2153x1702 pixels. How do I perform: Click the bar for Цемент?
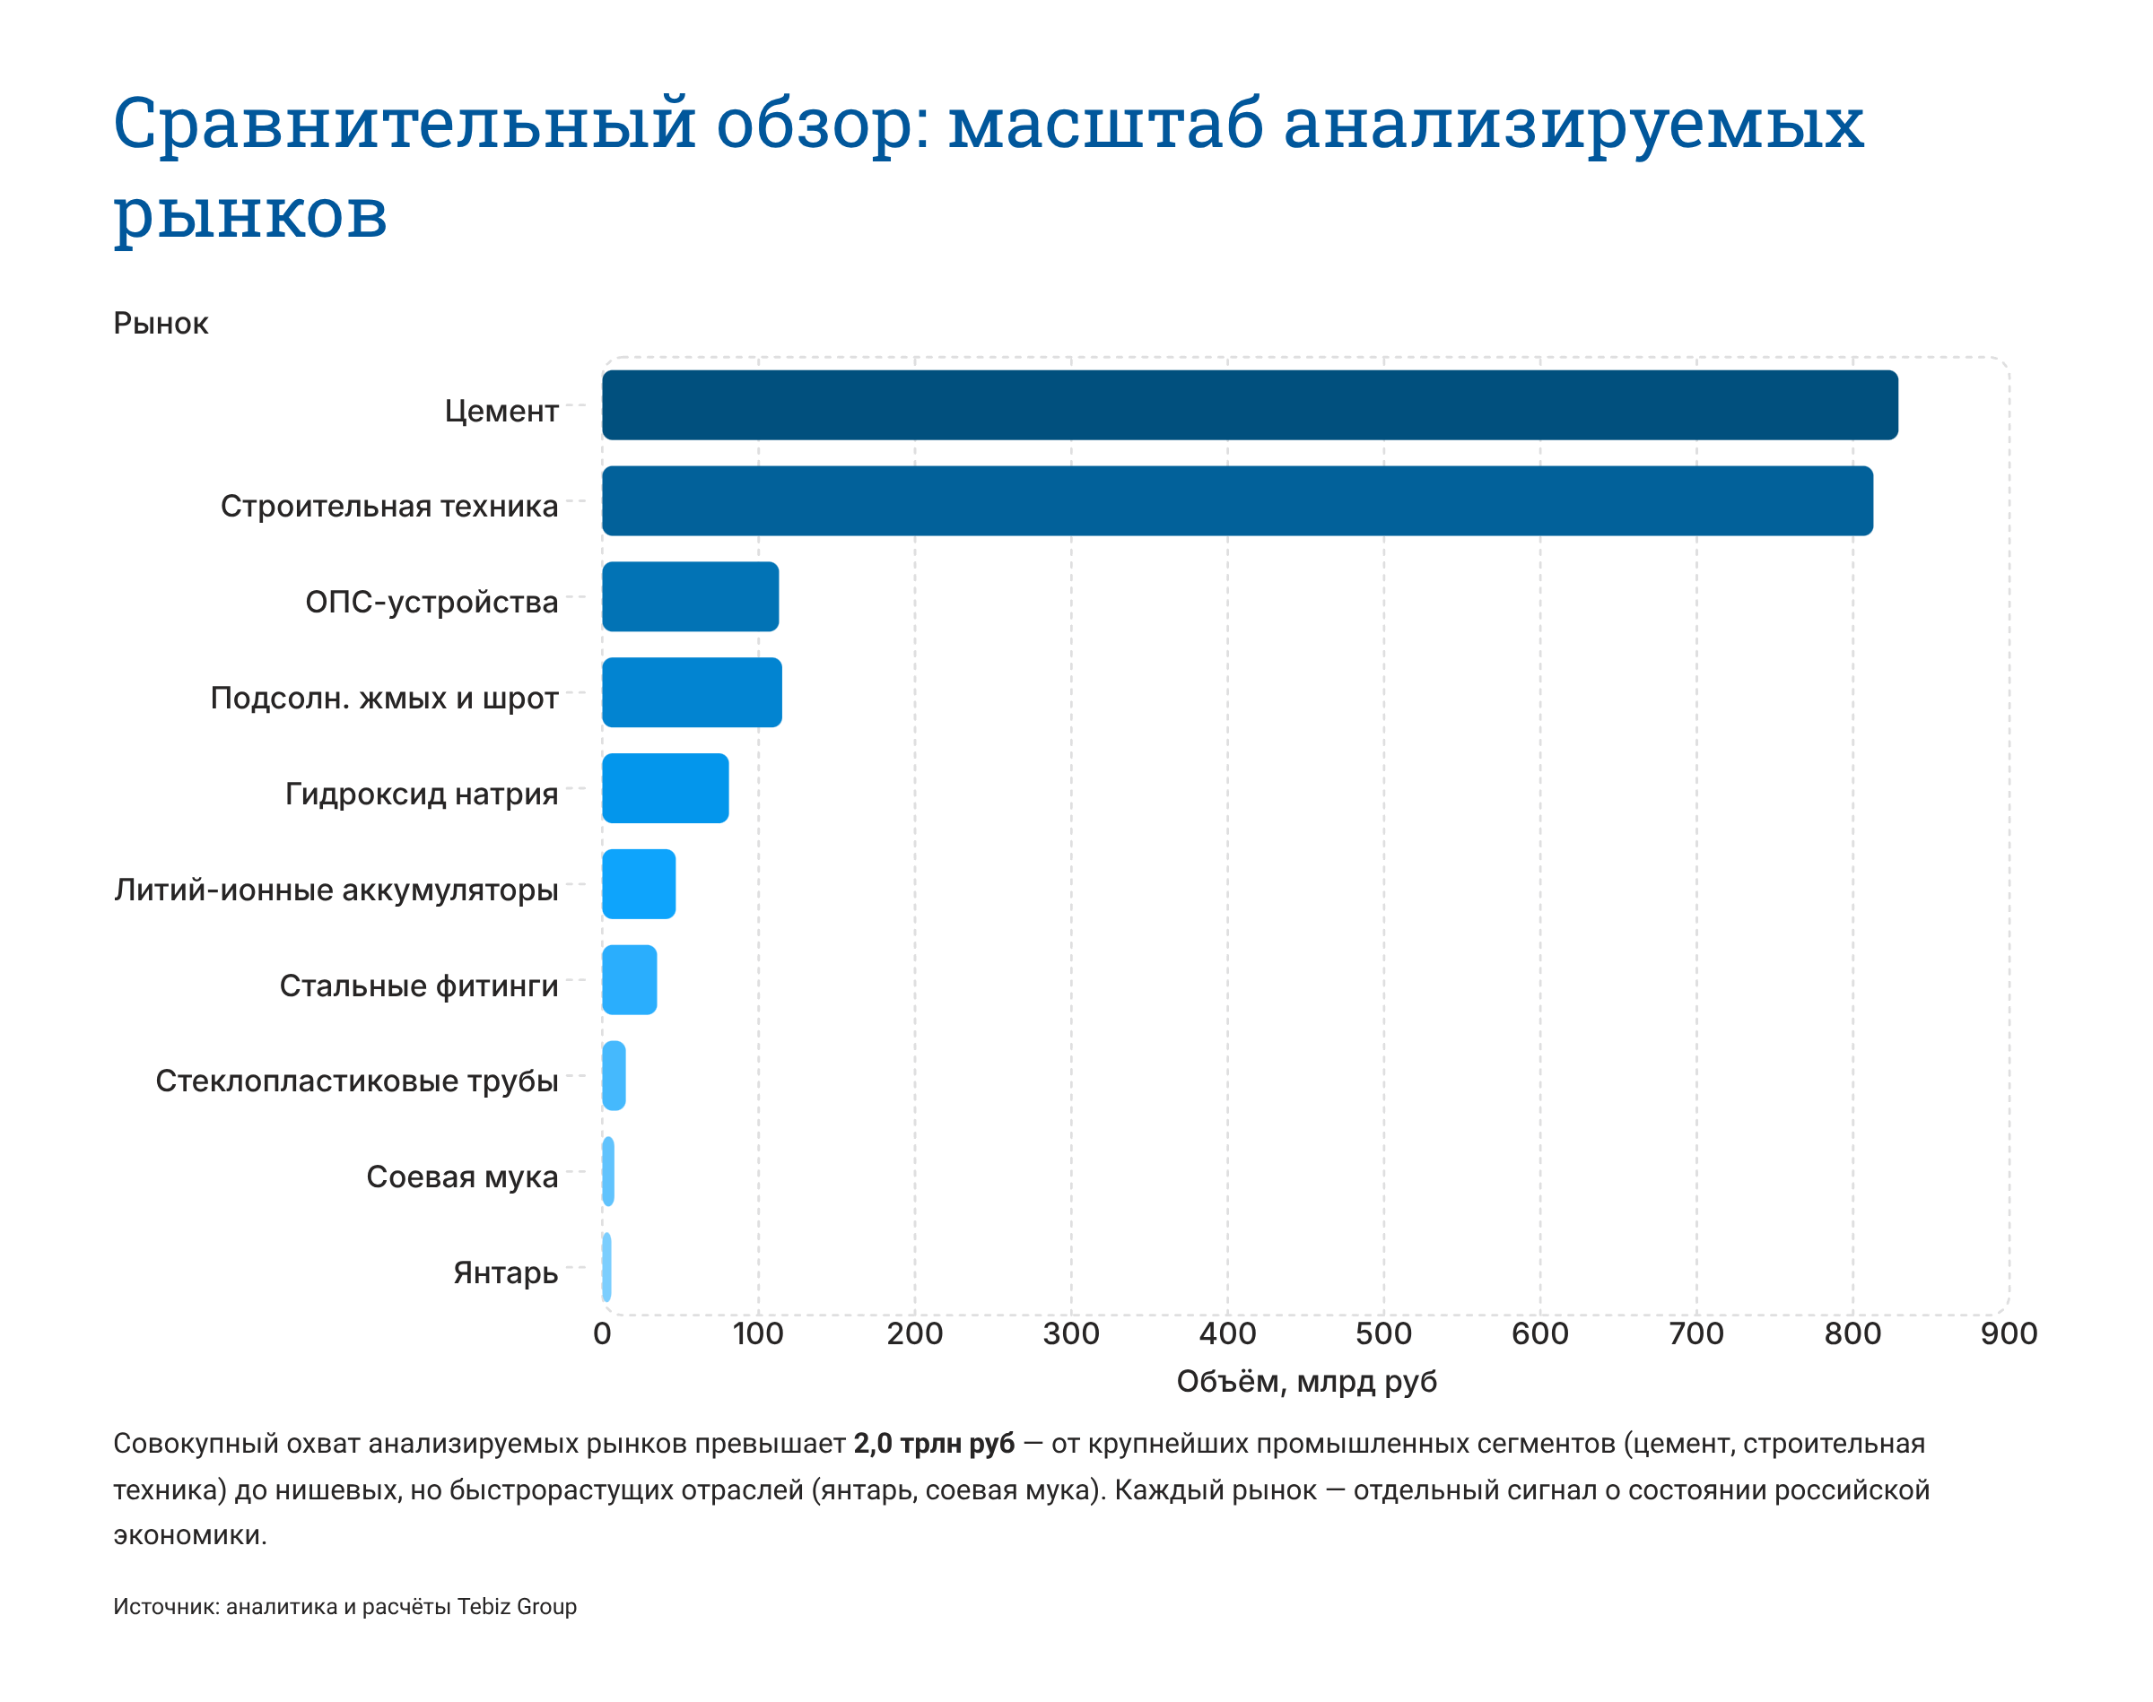(1249, 404)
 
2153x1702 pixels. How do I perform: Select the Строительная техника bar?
(1236, 500)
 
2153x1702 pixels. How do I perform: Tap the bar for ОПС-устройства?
(690, 596)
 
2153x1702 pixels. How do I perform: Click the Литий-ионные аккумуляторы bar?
(638, 884)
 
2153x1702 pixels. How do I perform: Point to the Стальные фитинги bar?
(629, 979)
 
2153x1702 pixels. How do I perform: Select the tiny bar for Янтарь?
(606, 1266)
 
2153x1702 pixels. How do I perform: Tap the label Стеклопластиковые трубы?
(356, 1081)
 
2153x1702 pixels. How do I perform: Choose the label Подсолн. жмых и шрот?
(384, 698)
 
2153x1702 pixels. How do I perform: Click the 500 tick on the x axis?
(1382, 1333)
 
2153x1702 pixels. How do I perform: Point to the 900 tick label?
(2008, 1333)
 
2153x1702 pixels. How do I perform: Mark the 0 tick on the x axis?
(602, 1333)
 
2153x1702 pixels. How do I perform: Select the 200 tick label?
(914, 1333)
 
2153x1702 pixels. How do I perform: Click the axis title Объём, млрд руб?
(1306, 1381)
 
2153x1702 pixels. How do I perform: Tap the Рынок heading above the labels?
(161, 323)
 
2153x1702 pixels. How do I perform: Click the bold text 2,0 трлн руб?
(933, 1443)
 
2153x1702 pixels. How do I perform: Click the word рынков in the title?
(249, 213)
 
